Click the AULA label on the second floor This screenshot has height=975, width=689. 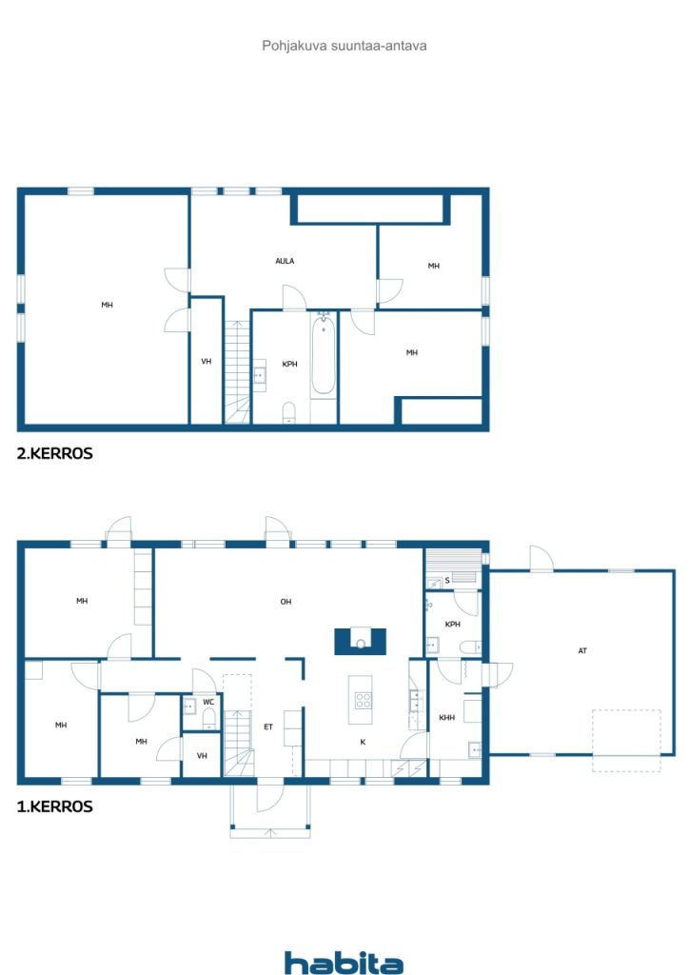pos(285,261)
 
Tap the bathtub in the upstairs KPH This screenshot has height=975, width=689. pos(323,355)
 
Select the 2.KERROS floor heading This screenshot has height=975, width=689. pos(54,453)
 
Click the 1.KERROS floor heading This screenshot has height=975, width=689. pos(54,806)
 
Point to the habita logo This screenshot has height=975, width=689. pos(344,963)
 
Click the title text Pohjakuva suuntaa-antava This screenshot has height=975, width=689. pos(344,46)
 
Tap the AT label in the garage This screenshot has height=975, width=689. pos(582,651)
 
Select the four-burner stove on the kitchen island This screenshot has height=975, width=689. pos(363,701)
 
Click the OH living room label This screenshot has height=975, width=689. pos(285,602)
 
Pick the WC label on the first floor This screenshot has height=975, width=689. pos(208,702)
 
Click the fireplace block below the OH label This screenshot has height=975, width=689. pos(361,642)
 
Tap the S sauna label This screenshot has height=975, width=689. pos(447,580)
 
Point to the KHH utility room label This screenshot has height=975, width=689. pos(446,718)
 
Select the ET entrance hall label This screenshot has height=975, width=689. pos(268,726)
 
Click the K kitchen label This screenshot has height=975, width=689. pos(363,742)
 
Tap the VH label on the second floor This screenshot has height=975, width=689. pos(207,361)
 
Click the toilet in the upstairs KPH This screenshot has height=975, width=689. pos(289,412)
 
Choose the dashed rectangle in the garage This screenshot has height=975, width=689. pos(626,741)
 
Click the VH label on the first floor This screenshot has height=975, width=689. pos(202,756)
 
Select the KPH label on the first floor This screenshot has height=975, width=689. pos(452,625)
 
